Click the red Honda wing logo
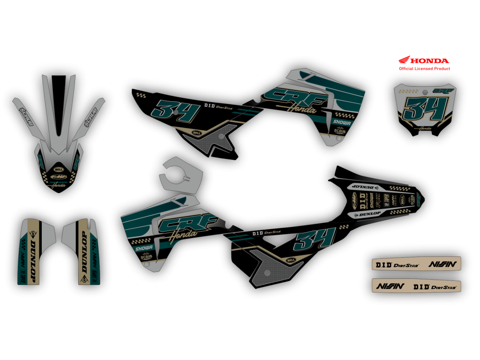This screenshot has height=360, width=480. coord(404,60)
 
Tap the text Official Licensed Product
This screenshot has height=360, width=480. coord(424,68)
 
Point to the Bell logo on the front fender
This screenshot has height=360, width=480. coord(59,169)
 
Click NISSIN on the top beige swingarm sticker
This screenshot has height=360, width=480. coord(442,264)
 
